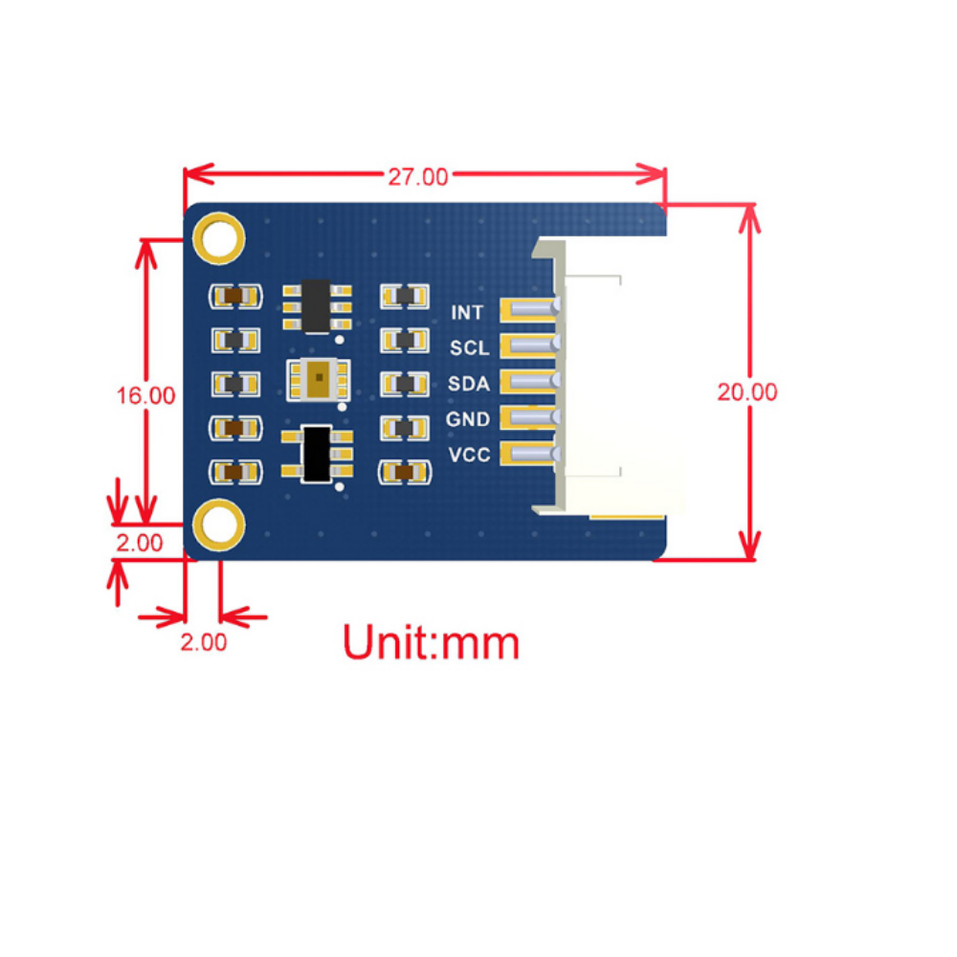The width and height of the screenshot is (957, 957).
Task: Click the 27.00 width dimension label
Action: [417, 177]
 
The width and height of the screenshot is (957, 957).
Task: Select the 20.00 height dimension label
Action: [747, 391]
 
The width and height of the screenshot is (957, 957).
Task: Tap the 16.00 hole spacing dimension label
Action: [145, 395]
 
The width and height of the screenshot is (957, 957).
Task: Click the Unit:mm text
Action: [431, 642]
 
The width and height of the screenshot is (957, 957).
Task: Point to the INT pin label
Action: [467, 313]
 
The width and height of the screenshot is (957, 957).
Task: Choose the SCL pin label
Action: [469, 348]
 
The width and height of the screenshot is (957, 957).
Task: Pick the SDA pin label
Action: [469, 384]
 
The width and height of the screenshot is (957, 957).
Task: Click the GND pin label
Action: [468, 419]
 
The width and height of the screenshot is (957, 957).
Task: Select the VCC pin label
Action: [469, 455]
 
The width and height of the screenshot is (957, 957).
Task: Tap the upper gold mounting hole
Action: [220, 236]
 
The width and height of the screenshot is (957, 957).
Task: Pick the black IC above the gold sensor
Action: [316, 305]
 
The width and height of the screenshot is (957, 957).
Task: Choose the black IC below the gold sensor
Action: [316, 454]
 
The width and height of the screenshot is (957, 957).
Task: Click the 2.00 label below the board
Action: [204, 642]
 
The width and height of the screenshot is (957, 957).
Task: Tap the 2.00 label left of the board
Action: [140, 543]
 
